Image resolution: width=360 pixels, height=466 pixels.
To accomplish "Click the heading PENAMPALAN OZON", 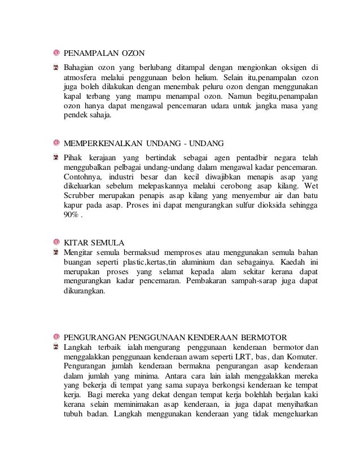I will [104, 54].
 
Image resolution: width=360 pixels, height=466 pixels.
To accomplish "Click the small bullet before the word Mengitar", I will [56, 252].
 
